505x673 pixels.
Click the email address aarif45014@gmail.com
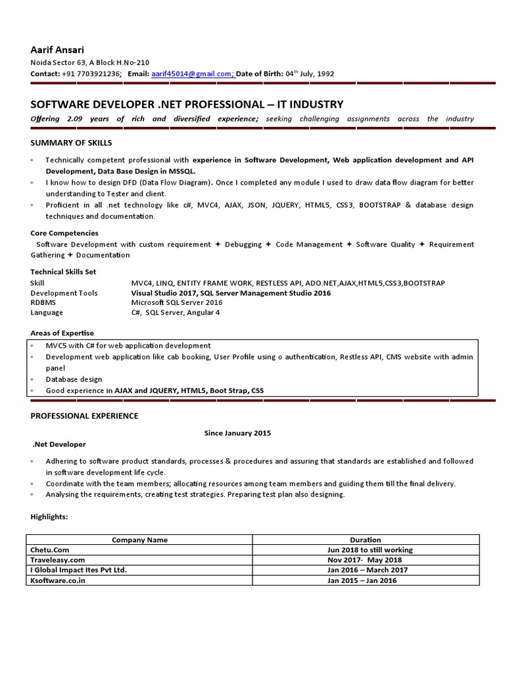click(193, 74)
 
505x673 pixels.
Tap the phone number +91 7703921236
click(92, 74)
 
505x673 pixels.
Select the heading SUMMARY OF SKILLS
click(71, 143)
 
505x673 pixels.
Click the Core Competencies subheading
click(64, 233)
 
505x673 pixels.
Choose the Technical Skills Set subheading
click(63, 271)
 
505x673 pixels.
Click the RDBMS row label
click(44, 302)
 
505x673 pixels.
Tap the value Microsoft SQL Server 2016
click(177, 302)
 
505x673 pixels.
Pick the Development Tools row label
click(64, 293)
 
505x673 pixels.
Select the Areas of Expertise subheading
click(62, 333)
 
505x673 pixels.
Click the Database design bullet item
click(74, 379)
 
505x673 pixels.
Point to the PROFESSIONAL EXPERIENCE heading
click(84, 416)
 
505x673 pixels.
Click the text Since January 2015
click(237, 433)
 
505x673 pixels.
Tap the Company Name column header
click(139, 540)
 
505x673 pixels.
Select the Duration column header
click(365, 540)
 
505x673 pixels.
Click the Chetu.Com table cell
click(50, 550)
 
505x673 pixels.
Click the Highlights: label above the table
click(49, 517)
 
